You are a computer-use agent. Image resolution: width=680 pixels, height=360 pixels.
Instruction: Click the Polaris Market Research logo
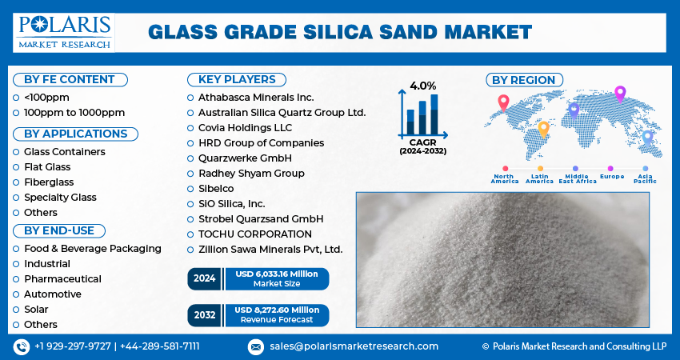pyautogui.click(x=63, y=31)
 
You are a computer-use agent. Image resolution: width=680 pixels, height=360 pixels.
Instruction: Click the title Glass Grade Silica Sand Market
pyautogui.click(x=340, y=32)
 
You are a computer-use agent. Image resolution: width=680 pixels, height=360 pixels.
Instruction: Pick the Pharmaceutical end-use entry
pyautogui.click(x=62, y=278)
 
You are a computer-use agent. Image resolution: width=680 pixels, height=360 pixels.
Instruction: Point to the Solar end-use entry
pyautogui.click(x=36, y=309)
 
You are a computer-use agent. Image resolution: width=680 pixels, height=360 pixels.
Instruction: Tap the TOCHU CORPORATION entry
pyautogui.click(x=254, y=234)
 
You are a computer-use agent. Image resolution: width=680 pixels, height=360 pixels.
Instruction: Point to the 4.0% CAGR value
pyautogui.click(x=422, y=86)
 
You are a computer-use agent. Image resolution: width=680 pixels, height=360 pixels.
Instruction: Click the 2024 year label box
pyautogui.click(x=205, y=278)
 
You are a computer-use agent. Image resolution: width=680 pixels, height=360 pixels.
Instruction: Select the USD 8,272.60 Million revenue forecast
pyautogui.click(x=276, y=314)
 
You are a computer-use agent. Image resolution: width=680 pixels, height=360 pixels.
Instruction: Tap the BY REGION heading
pyautogui.click(x=524, y=79)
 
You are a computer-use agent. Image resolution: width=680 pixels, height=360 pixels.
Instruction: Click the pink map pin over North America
pyautogui.click(x=503, y=102)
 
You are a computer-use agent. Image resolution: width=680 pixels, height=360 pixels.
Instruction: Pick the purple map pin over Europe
pyautogui.click(x=619, y=93)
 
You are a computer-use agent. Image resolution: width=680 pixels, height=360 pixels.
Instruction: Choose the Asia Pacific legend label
pyautogui.click(x=645, y=178)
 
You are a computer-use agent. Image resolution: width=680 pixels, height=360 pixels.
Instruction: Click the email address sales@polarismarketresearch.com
pyautogui.click(x=354, y=346)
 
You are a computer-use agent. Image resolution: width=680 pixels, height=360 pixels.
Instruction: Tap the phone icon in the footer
pyautogui.click(x=21, y=346)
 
